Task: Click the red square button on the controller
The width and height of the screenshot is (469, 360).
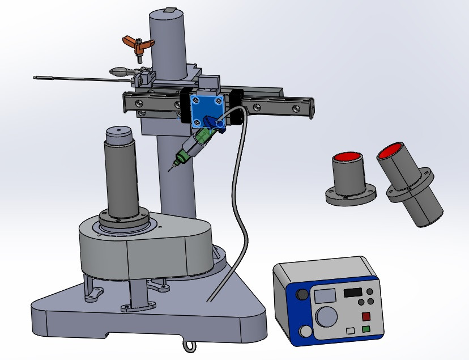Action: pyautogui.click(x=366, y=316)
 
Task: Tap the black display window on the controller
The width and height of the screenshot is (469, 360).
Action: pyautogui.click(x=352, y=293)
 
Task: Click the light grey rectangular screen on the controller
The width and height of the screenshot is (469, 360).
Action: pyautogui.click(x=325, y=295)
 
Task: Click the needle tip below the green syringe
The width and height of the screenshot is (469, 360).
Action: pyautogui.click(x=170, y=170)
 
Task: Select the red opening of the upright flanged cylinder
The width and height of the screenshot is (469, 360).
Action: pyautogui.click(x=347, y=157)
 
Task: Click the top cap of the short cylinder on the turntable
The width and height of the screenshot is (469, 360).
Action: pyautogui.click(x=118, y=132)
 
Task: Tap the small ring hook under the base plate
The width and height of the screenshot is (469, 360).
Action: pyautogui.click(x=188, y=344)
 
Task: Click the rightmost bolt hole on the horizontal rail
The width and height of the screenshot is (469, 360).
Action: pyautogui.click(x=295, y=106)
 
